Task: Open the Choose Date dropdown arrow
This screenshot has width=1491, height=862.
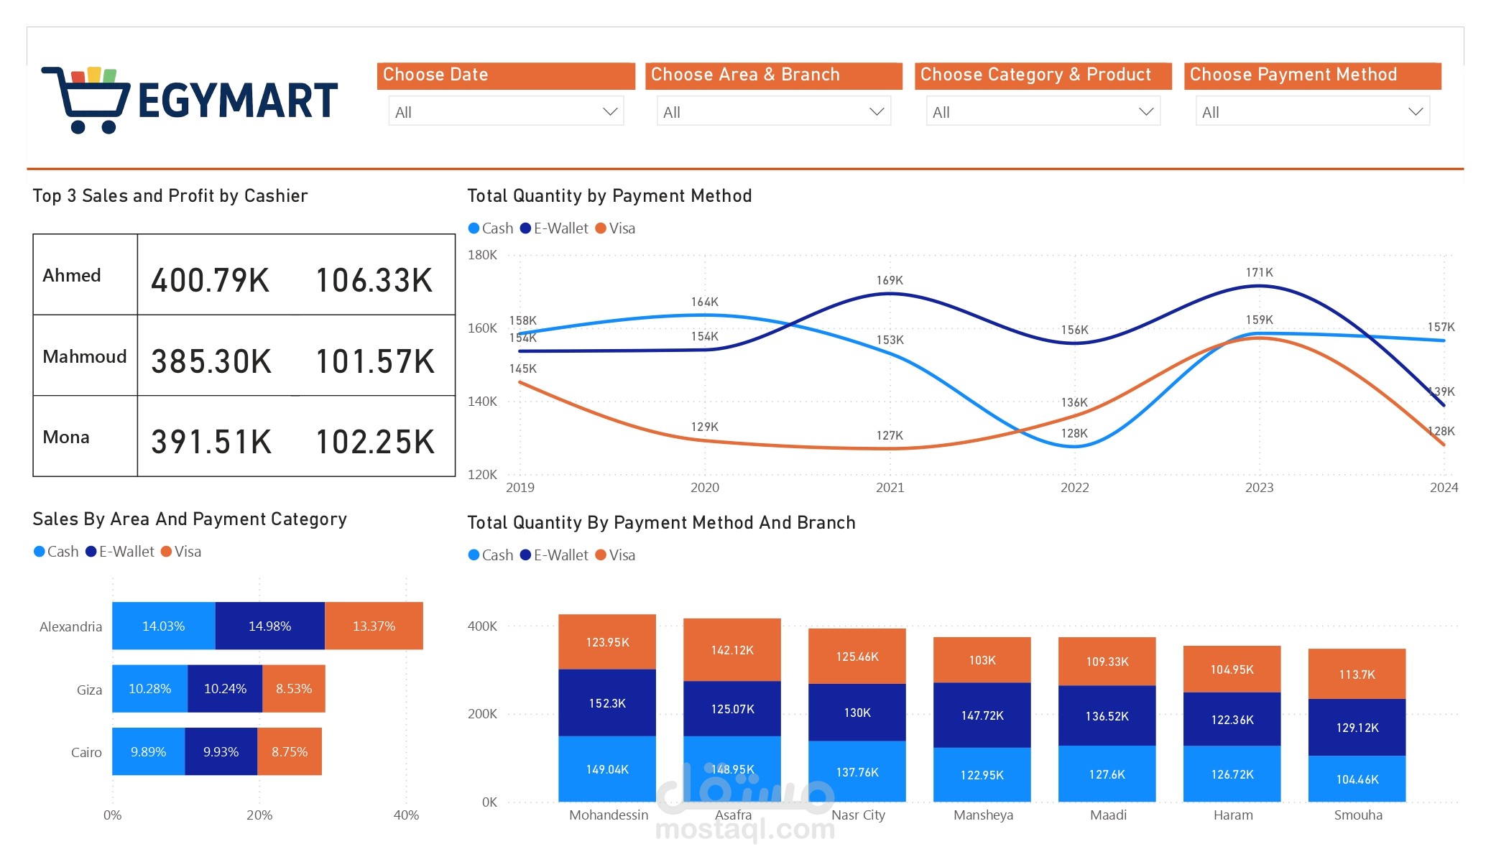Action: tap(610, 112)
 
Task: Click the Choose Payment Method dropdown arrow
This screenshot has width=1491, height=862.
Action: tap(1415, 112)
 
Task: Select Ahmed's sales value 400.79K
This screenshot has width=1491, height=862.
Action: tap(210, 280)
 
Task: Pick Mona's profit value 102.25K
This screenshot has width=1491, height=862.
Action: tap(375, 442)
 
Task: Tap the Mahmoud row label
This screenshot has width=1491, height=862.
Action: tap(84, 356)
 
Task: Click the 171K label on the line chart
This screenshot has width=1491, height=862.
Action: tap(1259, 272)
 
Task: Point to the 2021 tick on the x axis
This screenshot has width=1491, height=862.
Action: tap(890, 488)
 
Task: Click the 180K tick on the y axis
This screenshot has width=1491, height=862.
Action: tap(482, 255)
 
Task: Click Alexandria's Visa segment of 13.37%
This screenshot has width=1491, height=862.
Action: tap(374, 626)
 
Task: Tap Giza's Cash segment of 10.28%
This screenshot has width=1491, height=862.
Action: tap(149, 689)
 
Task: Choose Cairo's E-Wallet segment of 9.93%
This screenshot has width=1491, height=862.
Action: tap(221, 752)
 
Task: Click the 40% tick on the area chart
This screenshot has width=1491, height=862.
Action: tap(406, 815)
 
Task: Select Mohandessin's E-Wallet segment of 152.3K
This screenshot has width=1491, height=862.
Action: tap(607, 703)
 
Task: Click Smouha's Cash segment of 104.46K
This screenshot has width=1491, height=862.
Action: tap(1357, 779)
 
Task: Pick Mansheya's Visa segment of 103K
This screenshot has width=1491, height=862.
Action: tap(982, 660)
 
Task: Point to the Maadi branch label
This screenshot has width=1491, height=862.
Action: tap(1108, 815)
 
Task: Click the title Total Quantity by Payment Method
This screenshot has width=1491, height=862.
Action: tap(609, 196)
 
